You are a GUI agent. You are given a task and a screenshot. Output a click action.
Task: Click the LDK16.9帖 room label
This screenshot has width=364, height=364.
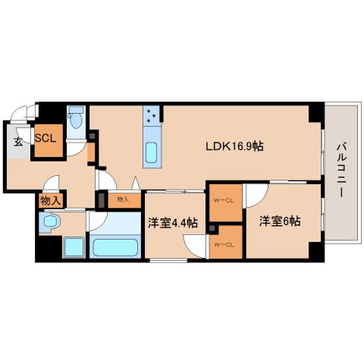click(234, 146)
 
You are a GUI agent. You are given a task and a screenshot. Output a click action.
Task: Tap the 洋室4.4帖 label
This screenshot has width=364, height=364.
click(173, 223)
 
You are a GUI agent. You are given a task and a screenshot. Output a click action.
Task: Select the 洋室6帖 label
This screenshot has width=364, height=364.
click(280, 221)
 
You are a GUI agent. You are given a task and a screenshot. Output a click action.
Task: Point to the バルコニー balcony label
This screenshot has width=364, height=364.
click(341, 170)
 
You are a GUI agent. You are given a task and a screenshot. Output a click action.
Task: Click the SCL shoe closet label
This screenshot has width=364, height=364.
click(45, 138)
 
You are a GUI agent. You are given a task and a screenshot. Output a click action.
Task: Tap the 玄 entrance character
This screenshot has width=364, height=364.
click(18, 142)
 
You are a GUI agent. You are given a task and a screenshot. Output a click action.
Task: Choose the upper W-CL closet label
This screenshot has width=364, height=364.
click(224, 201)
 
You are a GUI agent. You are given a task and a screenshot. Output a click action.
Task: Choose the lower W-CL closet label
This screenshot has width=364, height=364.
click(224, 245)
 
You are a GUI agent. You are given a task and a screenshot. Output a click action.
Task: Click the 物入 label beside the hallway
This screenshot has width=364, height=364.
click(51, 201)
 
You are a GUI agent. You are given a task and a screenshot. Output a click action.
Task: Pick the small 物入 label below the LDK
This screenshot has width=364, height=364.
click(123, 199)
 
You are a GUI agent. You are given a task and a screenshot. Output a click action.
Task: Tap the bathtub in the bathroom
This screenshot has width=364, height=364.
click(115, 247)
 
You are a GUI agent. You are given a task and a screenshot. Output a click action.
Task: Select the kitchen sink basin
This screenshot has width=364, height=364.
click(152, 152)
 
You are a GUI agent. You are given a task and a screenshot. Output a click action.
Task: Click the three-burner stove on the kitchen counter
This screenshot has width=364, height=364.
click(152, 115)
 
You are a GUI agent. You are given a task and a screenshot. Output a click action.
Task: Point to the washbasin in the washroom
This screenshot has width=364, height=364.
click(51, 221)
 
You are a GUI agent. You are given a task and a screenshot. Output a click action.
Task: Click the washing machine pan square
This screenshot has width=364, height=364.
click(74, 247)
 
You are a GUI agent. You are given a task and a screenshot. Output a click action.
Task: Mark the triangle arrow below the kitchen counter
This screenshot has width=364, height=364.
click(136, 183)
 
